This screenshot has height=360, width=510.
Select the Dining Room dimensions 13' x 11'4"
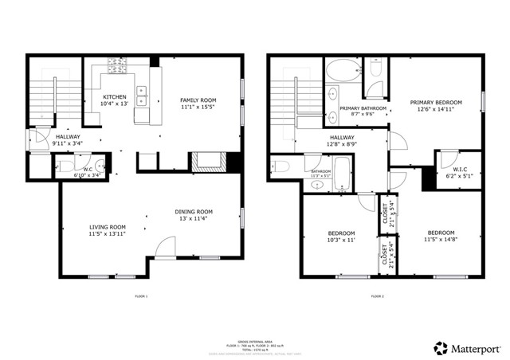pyautogui.click(x=194, y=220)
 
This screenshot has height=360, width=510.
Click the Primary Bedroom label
pyautogui.click(x=435, y=102)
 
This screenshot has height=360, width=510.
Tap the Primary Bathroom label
pyautogui.click(x=363, y=108)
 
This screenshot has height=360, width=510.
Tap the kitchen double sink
pyautogui.click(x=141, y=96)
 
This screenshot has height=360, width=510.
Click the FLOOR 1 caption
pyautogui.click(x=141, y=295)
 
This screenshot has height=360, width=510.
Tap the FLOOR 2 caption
pyautogui.click(x=377, y=295)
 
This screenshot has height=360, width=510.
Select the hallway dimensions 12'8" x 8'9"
pyautogui.click(x=342, y=144)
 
